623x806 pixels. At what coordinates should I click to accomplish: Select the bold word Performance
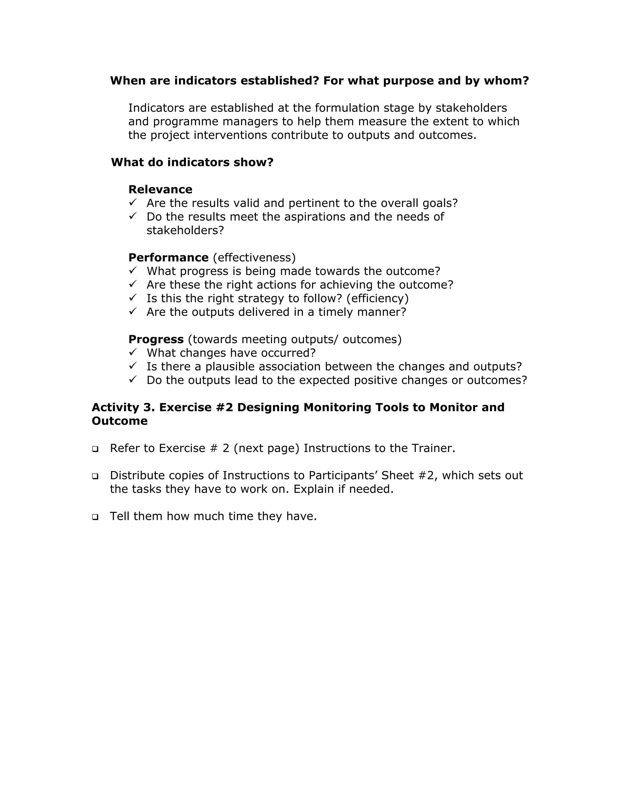click(168, 257)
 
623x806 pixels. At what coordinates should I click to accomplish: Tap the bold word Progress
click(156, 339)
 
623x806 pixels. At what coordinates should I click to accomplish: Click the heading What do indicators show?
click(192, 162)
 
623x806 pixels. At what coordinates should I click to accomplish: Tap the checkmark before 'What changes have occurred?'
click(133, 352)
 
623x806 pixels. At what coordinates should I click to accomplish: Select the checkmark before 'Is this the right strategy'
click(133, 297)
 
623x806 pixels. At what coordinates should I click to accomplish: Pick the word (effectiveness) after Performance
click(254, 257)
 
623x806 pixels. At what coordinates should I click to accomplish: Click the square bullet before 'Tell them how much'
click(95, 517)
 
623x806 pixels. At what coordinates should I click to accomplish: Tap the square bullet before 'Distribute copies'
click(95, 476)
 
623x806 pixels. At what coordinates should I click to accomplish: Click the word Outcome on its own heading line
click(120, 421)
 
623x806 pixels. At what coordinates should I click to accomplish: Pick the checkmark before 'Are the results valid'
click(133, 202)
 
